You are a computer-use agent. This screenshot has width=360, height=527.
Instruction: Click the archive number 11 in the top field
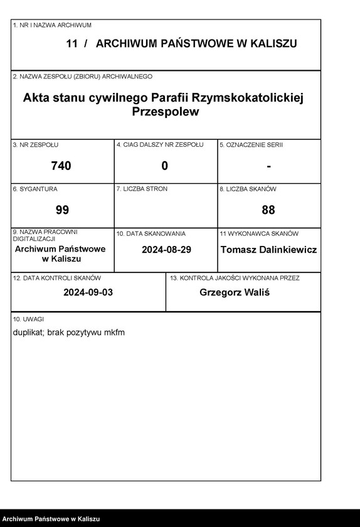click(71, 43)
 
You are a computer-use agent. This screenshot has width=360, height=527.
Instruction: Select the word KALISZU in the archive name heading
click(270, 43)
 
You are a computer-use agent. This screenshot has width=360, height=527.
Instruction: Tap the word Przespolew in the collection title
click(166, 112)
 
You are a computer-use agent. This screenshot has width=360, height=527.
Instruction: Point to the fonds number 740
click(61, 166)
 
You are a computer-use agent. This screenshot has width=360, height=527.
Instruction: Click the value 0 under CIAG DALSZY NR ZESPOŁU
click(165, 166)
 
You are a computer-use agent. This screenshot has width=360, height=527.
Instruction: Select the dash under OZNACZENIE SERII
click(268, 166)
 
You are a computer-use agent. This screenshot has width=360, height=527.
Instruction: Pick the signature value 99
click(62, 210)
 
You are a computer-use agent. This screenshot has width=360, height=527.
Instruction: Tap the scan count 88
click(268, 210)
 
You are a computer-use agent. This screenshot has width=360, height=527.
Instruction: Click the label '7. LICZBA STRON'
click(142, 189)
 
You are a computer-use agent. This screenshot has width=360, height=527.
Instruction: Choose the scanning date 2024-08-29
click(166, 249)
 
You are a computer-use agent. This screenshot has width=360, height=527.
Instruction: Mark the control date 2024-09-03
click(88, 292)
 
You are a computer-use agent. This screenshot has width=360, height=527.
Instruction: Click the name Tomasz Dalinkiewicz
click(268, 249)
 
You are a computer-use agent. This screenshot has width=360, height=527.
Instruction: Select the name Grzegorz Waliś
click(235, 292)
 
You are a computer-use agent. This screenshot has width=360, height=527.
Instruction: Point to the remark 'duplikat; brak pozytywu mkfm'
click(69, 332)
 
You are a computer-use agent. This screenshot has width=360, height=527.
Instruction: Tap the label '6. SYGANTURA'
click(35, 189)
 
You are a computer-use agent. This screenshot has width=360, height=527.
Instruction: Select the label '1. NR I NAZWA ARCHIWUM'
click(52, 25)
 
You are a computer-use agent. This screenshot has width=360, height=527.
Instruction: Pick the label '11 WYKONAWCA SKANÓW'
click(258, 233)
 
